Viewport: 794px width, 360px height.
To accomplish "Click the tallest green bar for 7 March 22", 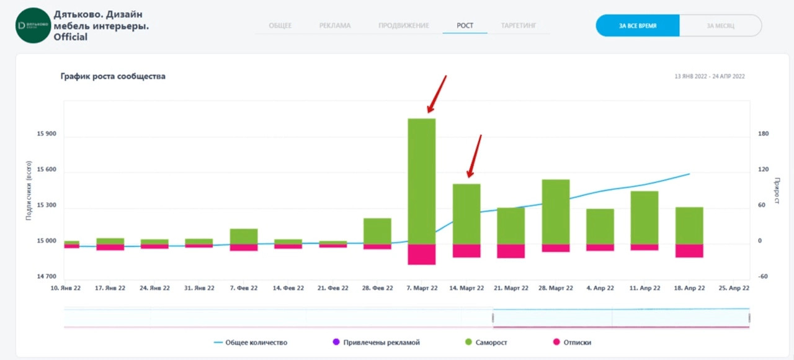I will click(x=421, y=181).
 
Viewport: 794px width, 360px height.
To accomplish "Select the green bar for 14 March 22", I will click(x=466, y=214).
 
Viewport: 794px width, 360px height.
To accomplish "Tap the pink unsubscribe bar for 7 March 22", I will click(x=421, y=254).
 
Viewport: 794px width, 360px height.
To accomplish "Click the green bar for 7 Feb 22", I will click(x=244, y=236).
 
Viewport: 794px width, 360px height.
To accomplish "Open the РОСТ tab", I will click(x=465, y=25).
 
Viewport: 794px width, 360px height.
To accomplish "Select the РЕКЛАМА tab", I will click(x=335, y=25).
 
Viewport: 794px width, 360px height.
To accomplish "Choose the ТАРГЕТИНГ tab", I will click(x=519, y=25).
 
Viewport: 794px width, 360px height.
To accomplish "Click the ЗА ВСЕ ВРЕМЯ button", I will click(x=638, y=26).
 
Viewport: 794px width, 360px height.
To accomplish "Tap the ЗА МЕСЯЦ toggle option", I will click(x=720, y=26).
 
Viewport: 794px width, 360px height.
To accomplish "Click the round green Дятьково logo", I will click(x=33, y=25).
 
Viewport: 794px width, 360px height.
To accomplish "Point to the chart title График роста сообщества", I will click(x=113, y=76).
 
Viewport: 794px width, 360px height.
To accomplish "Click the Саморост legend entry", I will click(x=491, y=342).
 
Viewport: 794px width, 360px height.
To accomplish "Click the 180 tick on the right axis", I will click(x=764, y=134).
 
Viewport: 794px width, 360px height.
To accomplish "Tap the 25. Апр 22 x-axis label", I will click(x=734, y=288).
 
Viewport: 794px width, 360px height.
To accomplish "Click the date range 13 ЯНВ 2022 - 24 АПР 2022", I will click(x=710, y=76).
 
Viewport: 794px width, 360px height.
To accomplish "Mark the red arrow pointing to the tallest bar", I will click(x=436, y=94).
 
